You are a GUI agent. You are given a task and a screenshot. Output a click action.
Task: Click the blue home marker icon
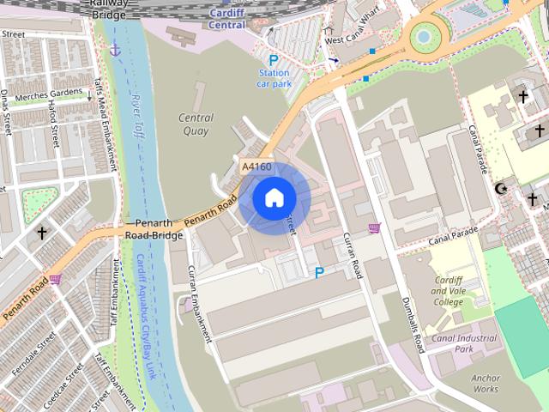pyautogui.click(x=274, y=197)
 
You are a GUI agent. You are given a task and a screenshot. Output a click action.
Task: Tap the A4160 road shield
pyautogui.click(x=256, y=167)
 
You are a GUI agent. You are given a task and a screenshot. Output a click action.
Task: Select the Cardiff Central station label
pyautogui.click(x=226, y=19)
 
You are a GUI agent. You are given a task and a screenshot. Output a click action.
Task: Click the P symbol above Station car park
pyautogui.click(x=274, y=60)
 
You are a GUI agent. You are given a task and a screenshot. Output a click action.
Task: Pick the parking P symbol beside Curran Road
pyautogui.click(x=319, y=273)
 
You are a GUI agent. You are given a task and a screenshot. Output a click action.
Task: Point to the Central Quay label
pyautogui.click(x=196, y=124)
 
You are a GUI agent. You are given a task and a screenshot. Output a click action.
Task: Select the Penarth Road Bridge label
pyautogui.click(x=154, y=228)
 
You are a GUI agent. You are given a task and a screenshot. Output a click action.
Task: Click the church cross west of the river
pyautogui.click(x=42, y=233)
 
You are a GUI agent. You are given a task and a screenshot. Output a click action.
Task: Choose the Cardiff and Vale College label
pyautogui.click(x=448, y=291)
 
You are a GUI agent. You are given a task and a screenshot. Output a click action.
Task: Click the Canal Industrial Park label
pyautogui.click(x=464, y=343)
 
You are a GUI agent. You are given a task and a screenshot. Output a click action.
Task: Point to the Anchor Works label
pyautogui.click(x=485, y=383)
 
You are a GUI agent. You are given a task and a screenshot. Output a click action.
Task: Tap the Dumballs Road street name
pyautogui.click(x=414, y=325)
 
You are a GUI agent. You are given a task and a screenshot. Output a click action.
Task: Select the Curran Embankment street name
pyautogui.click(x=198, y=304)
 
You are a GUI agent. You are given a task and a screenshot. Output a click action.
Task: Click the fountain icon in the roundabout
pyautogui.click(x=424, y=37)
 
